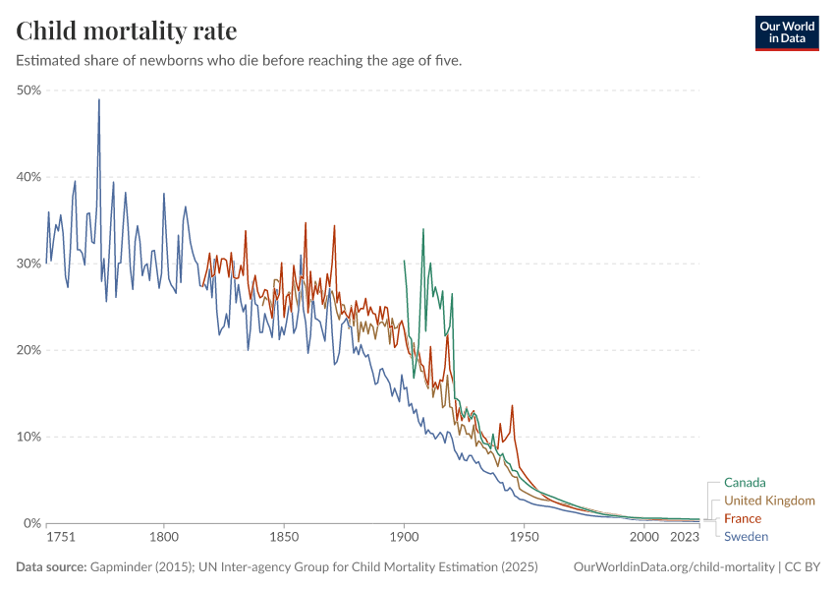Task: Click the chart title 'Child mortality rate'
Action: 126,31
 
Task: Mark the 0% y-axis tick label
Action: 30,523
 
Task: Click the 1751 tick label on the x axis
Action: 61,538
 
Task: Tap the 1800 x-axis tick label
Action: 164,538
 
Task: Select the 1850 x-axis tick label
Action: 284,538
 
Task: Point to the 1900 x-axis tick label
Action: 404,538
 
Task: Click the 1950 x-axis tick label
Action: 524,538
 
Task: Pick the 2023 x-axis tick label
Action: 684,538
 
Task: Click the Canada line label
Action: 745,483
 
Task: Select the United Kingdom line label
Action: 769,501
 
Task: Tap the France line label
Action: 743,518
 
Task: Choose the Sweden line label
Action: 746,536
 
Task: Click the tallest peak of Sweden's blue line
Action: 98,99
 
